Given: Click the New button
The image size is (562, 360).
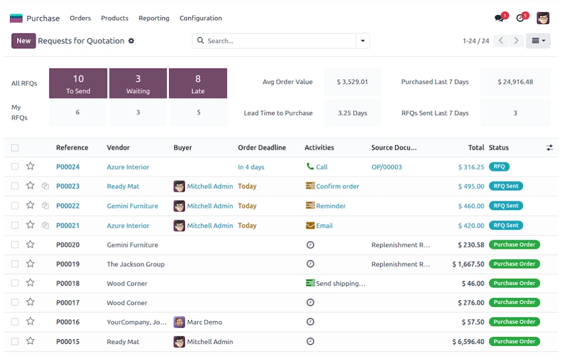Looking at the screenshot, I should coord(23,41).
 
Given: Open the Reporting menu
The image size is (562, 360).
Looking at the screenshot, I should coord(154,18).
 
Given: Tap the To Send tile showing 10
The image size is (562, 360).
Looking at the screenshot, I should coord(78,83).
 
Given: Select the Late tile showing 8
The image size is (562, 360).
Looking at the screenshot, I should coord(198,83).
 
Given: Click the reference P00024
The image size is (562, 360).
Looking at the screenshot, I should coord(68,167).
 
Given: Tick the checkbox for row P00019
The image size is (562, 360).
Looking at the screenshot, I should coord(15,264).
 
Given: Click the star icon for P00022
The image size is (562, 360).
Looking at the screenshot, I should coord(30,205).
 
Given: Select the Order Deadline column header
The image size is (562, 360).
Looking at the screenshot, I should coord(262,148).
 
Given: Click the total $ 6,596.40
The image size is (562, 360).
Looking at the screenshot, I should coord(468,342).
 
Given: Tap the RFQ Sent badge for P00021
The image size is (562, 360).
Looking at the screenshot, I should coord(506,225).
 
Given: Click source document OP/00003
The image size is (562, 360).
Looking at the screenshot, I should coord(387,167).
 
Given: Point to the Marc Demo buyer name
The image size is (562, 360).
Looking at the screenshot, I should coord(205,322).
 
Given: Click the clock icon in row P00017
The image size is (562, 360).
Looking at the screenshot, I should coord(311,303).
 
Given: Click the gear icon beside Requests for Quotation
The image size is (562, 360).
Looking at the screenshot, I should coord(131,41).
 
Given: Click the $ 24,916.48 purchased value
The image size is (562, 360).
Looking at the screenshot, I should coord(515,82).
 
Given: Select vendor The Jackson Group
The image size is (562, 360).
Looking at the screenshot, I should coord(136,264).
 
